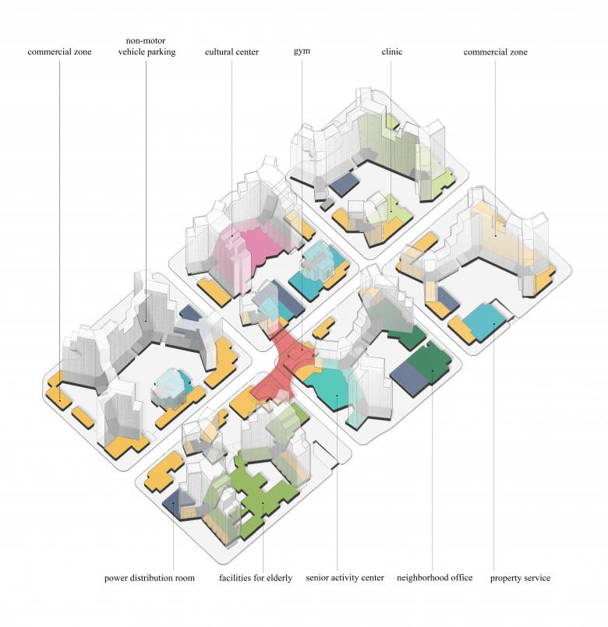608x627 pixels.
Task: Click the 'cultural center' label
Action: click(232, 52)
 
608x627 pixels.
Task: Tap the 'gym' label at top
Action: click(302, 52)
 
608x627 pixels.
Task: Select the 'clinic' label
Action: click(391, 52)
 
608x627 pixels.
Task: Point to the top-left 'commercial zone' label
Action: click(59, 52)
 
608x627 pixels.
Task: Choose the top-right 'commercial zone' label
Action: click(495, 52)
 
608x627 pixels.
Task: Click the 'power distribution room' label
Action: click(150, 578)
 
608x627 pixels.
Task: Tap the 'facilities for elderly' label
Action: click(255, 578)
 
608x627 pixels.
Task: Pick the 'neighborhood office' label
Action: click(434, 578)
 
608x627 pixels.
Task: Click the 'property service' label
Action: click(520, 578)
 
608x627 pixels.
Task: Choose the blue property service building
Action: click(491, 318)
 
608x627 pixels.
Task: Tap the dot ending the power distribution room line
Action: click(173, 504)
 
